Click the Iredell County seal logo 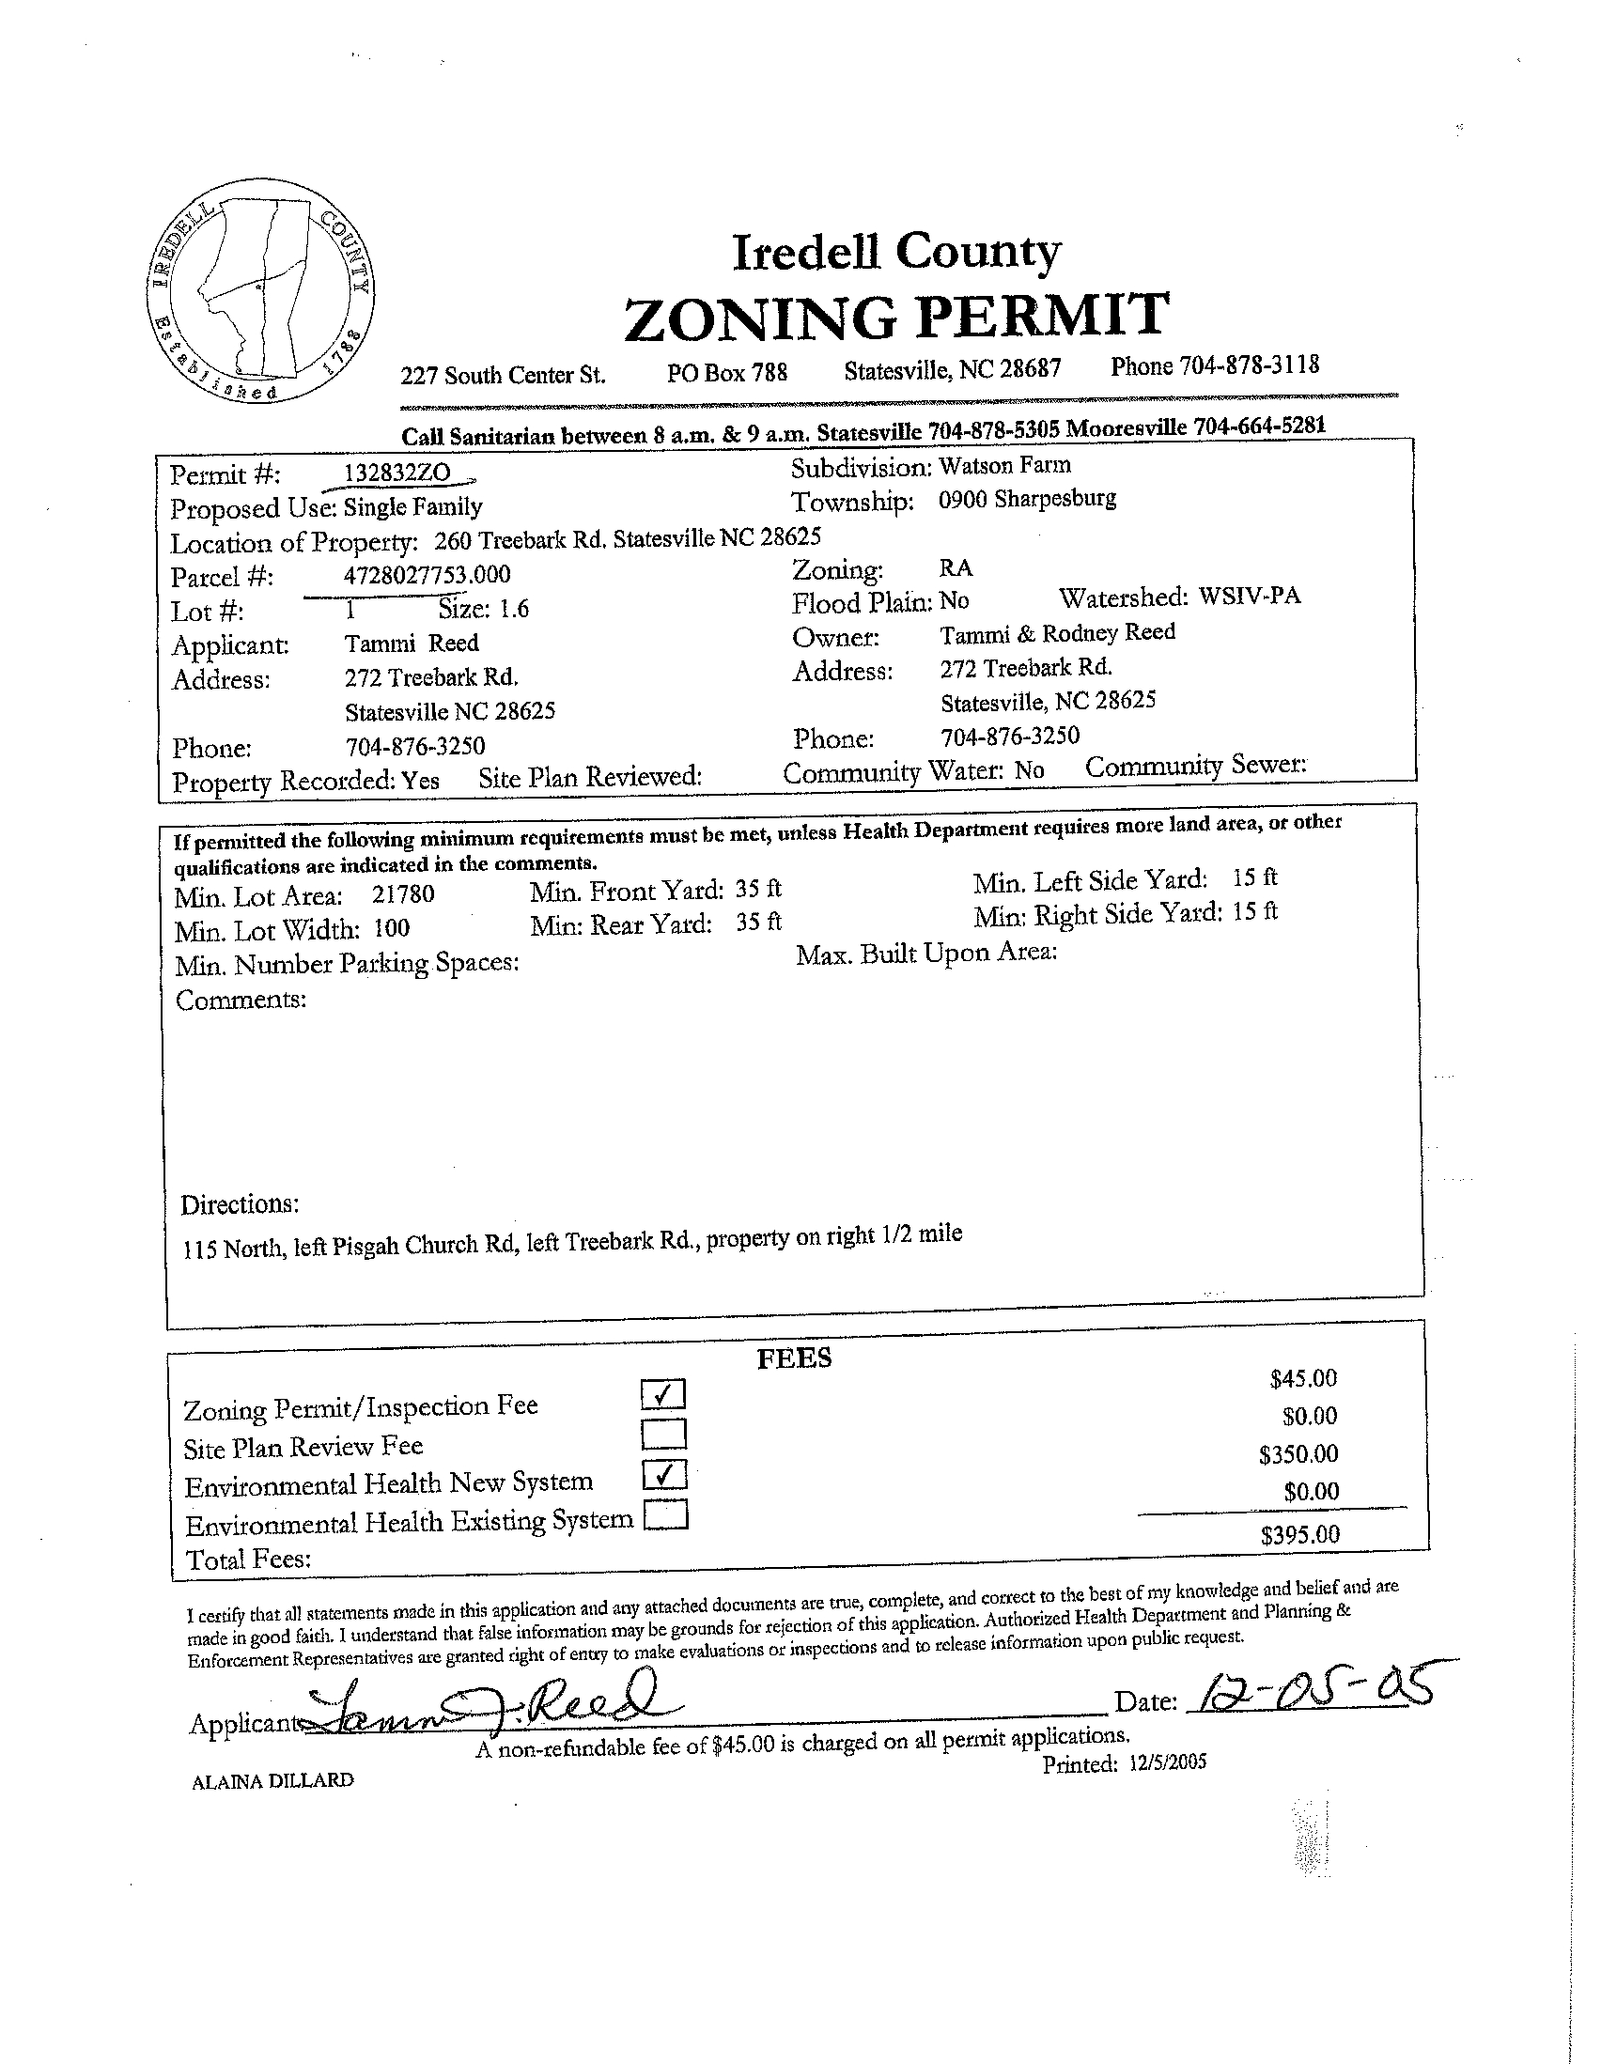pos(261,290)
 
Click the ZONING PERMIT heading pos(896,316)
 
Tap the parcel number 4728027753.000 pos(427,574)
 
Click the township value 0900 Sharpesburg pos(1026,499)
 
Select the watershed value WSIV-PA pos(1249,596)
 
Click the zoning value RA pos(955,568)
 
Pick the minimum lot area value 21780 pos(403,894)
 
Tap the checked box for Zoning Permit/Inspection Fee pos(662,1394)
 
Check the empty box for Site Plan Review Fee pos(663,1435)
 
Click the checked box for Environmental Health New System pos(663,1474)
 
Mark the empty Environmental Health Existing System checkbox pos(665,1516)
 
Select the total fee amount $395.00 pos(1299,1534)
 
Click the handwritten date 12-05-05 pos(1310,1689)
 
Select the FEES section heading pos(794,1359)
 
